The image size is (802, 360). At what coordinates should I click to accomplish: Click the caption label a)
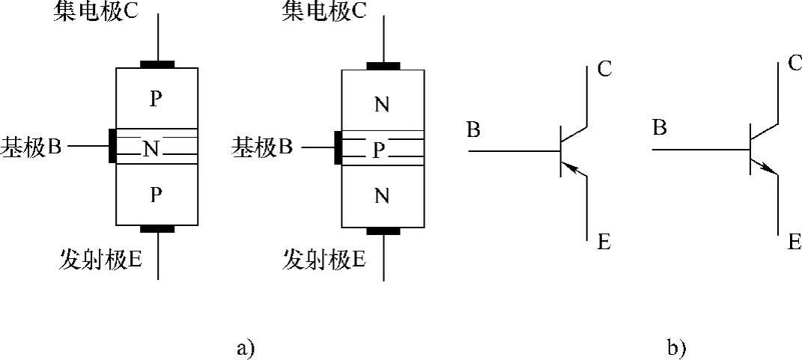coord(246,348)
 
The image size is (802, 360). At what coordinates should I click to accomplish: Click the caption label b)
coord(676,348)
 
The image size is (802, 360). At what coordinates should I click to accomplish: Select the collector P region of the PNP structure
coord(156,99)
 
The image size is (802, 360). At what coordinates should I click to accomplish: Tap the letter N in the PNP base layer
coord(151,150)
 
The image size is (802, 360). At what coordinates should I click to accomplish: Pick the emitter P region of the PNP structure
coord(156,195)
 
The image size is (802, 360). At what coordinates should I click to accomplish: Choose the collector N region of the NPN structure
coord(382,105)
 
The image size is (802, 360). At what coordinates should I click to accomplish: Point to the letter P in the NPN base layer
coord(379,151)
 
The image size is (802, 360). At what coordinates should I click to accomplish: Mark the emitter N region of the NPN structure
coord(382,197)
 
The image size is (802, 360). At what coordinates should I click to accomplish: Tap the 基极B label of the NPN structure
coord(261,147)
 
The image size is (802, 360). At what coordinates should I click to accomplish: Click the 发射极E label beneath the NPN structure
coord(323,260)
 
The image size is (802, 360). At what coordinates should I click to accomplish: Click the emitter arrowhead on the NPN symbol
coord(771,170)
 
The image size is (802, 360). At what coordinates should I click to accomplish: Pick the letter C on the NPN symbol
coord(795,63)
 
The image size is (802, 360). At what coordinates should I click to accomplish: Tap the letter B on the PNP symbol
coord(473,129)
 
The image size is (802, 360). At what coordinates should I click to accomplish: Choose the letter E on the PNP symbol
coord(604,241)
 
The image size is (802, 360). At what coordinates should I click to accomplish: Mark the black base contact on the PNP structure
coord(112,146)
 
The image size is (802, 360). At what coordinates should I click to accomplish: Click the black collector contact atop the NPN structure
coord(383,66)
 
